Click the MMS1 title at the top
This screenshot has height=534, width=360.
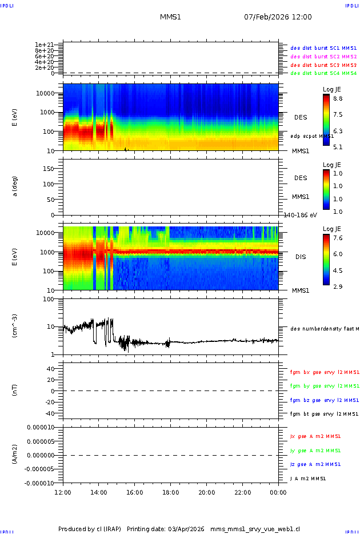point(170,17)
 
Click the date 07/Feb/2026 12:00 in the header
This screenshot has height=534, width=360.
point(278,17)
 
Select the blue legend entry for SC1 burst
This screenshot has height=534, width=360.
point(323,49)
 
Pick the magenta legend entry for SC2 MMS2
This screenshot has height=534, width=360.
point(323,57)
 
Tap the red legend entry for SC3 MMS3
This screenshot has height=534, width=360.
point(323,65)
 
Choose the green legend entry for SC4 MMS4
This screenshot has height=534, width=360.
point(323,73)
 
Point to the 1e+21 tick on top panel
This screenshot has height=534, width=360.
point(44,45)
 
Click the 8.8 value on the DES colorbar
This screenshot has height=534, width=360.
point(338,98)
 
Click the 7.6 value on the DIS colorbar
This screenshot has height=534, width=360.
point(338,238)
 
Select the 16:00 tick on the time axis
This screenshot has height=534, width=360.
point(135,492)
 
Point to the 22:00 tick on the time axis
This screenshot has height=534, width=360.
point(243,492)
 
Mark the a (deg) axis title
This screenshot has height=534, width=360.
point(15,186)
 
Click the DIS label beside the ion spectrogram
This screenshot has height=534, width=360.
point(301,257)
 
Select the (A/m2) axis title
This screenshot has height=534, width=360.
point(15,455)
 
